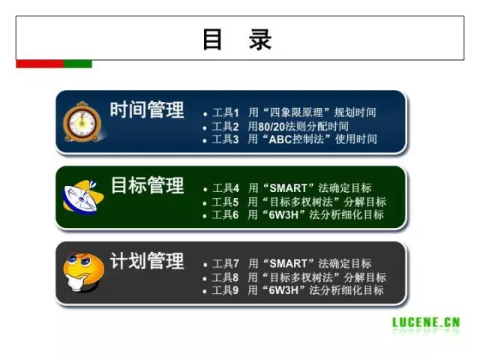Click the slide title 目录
(237, 39)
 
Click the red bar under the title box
(40, 64)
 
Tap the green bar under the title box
(78, 64)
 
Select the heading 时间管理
(147, 109)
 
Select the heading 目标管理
(147, 185)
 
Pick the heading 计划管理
(147, 261)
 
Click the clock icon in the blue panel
(82, 122)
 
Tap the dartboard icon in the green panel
(83, 197)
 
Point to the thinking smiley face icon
(83, 271)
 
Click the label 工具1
(225, 112)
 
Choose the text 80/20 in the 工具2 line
(271, 127)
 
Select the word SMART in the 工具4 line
(288, 188)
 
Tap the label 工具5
(225, 202)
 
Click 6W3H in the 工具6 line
(283, 215)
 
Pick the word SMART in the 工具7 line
(288, 263)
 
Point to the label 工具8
(225, 277)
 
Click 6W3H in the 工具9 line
(283, 290)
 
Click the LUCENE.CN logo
(426, 322)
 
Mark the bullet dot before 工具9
(205, 292)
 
